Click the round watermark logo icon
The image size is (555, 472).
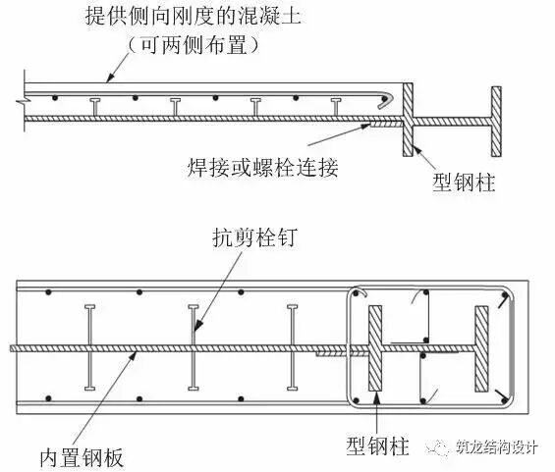click(x=438, y=447)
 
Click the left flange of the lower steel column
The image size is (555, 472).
click(x=374, y=347)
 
